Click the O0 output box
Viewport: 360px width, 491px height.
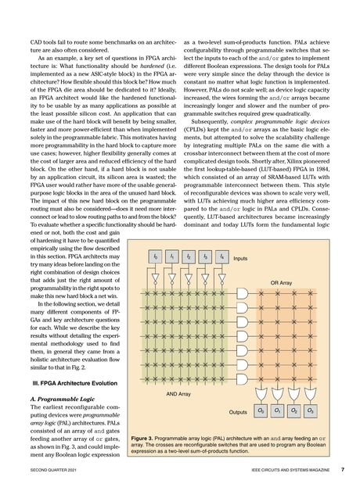click(x=261, y=410)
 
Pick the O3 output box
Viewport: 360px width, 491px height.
click(x=311, y=410)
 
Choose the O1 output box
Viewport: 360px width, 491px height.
click(x=277, y=410)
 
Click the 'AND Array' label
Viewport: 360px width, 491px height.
click(x=179, y=395)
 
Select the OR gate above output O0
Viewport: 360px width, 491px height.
click(x=261, y=391)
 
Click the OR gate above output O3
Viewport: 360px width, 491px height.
click(x=311, y=391)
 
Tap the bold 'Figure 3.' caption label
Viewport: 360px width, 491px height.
click(x=146, y=439)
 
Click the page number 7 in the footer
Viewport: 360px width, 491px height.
click(x=342, y=470)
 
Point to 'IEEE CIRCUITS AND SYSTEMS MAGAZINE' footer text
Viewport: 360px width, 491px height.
click(x=284, y=471)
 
